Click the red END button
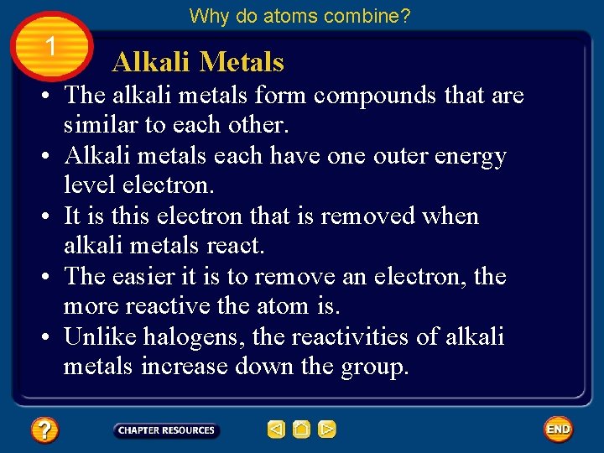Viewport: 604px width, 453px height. tap(558, 430)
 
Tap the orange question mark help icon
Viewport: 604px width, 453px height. tap(44, 430)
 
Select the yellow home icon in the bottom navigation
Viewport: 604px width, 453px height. tap(302, 430)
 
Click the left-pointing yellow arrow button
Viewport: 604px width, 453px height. tap(276, 430)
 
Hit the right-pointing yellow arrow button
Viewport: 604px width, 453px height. tap(327, 430)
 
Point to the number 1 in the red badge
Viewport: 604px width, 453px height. tap(51, 48)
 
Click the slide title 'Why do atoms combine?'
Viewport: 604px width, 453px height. tap(300, 15)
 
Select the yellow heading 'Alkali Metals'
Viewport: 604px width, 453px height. tap(198, 62)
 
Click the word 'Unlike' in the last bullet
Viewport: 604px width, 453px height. tap(101, 337)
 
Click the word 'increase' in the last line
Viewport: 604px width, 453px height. tap(189, 367)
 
